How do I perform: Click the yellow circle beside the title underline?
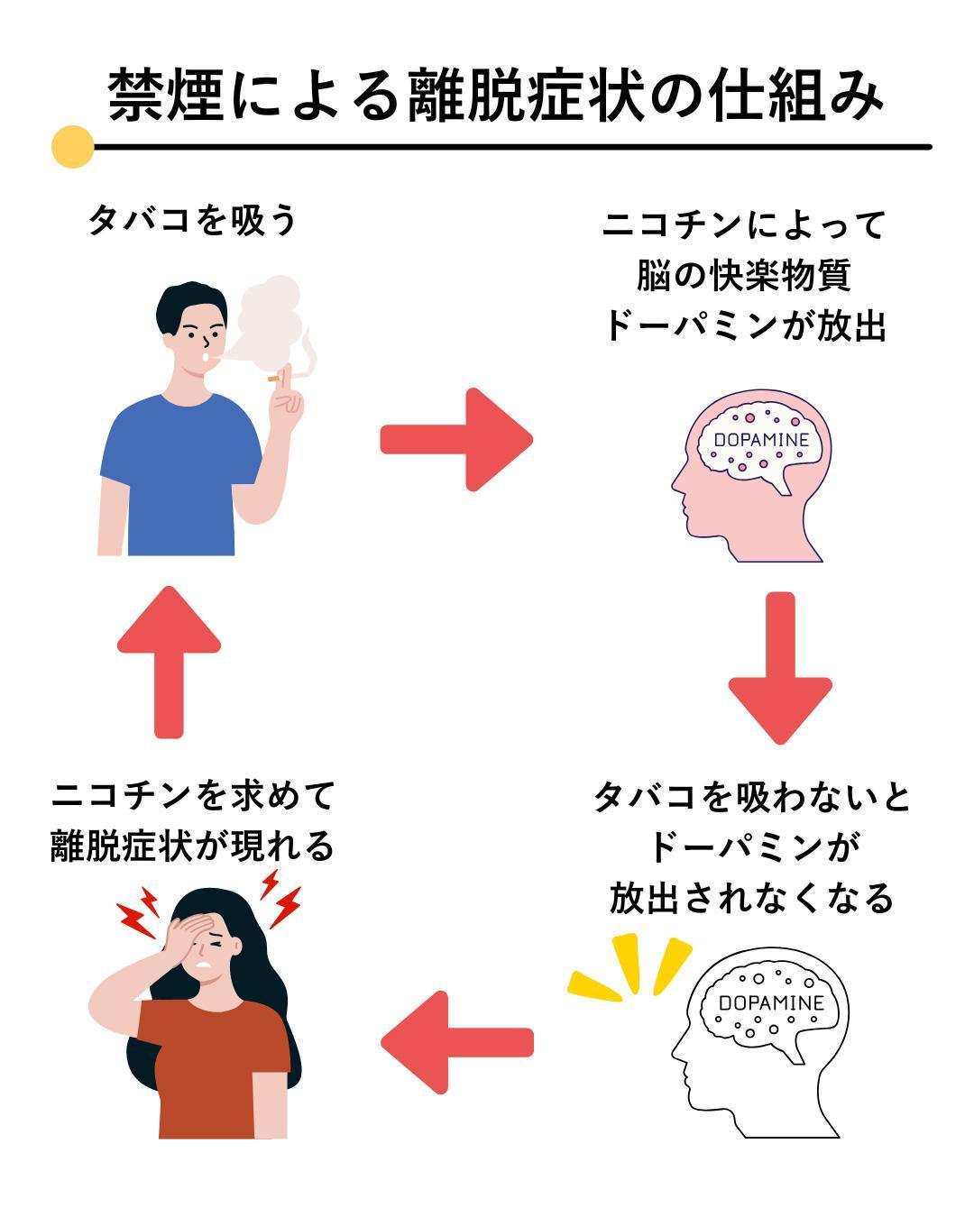(x=72, y=146)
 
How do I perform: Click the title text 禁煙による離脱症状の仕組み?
(x=494, y=94)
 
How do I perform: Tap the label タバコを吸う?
(x=192, y=220)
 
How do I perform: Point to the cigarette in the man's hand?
(x=274, y=379)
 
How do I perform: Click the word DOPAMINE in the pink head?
(x=760, y=441)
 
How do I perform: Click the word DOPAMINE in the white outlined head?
(x=771, y=1003)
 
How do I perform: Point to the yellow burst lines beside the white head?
(x=631, y=969)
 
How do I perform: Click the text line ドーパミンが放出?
(x=744, y=325)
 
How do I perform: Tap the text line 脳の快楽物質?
(x=744, y=275)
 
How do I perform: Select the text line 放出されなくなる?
(x=751, y=898)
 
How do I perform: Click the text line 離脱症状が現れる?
(x=192, y=846)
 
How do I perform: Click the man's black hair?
(x=185, y=302)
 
